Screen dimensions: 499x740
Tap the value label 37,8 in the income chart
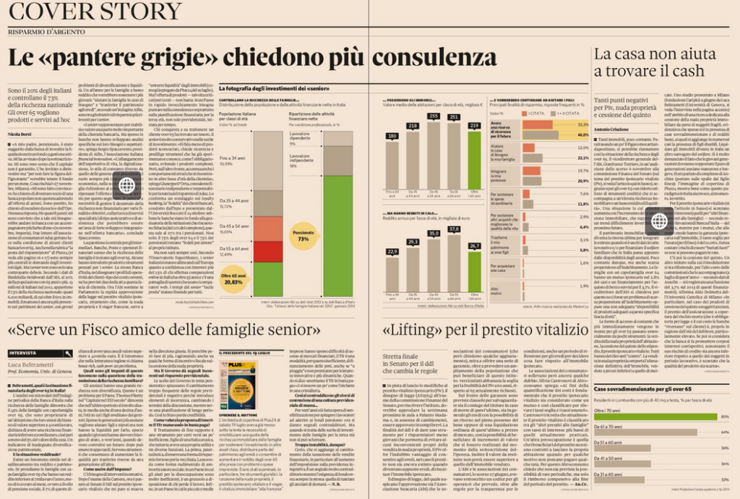[x=454, y=229]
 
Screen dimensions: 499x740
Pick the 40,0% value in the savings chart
[x=582, y=124]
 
